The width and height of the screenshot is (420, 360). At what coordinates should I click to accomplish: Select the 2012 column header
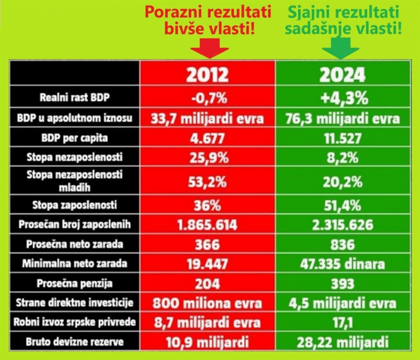[x=208, y=75]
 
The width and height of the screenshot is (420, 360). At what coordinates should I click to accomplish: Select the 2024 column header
[x=343, y=75]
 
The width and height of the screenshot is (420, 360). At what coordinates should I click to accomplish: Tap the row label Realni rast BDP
[x=74, y=98]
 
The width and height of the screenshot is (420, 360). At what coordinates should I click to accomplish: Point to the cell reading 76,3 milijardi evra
[x=343, y=118]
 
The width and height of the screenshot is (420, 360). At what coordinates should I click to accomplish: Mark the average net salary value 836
[x=343, y=245]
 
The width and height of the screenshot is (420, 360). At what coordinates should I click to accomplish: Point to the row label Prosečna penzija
[x=74, y=284]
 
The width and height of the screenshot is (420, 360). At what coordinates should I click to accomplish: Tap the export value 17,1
[x=343, y=323]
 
